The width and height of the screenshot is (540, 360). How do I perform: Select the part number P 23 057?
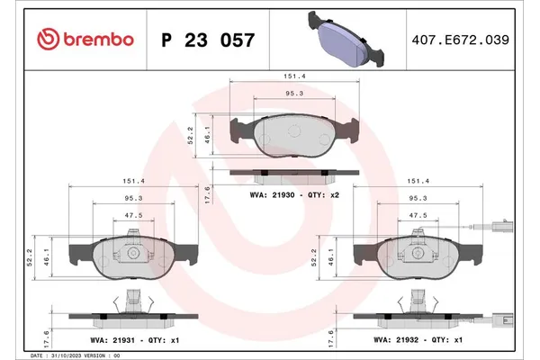pyautogui.click(x=207, y=40)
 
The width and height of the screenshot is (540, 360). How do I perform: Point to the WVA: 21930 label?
pyautogui.click(x=269, y=193)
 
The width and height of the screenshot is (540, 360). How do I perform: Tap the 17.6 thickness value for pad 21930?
pyautogui.click(x=208, y=192)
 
